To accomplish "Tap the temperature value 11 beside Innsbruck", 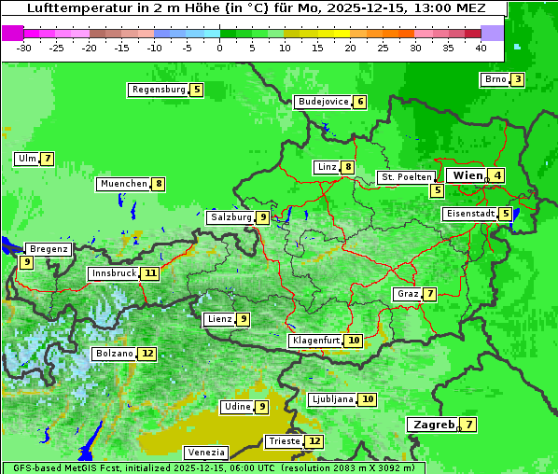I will click(x=150, y=273).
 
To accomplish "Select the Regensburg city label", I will click(x=159, y=90).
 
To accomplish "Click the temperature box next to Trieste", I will click(x=314, y=441).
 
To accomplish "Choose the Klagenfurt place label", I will click(x=315, y=341).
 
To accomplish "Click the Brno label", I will click(x=495, y=79).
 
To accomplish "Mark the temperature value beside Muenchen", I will click(x=160, y=184).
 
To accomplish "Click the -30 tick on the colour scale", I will click(x=24, y=48).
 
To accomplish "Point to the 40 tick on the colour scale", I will click(x=481, y=48).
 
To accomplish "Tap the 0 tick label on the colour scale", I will click(x=219, y=48).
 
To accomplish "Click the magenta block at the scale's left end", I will click(x=12, y=33).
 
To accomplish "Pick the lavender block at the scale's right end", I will click(x=492, y=33).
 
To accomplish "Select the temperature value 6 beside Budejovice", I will click(x=360, y=102).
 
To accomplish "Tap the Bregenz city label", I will click(x=49, y=249).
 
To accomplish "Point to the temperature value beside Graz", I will click(x=429, y=294).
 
